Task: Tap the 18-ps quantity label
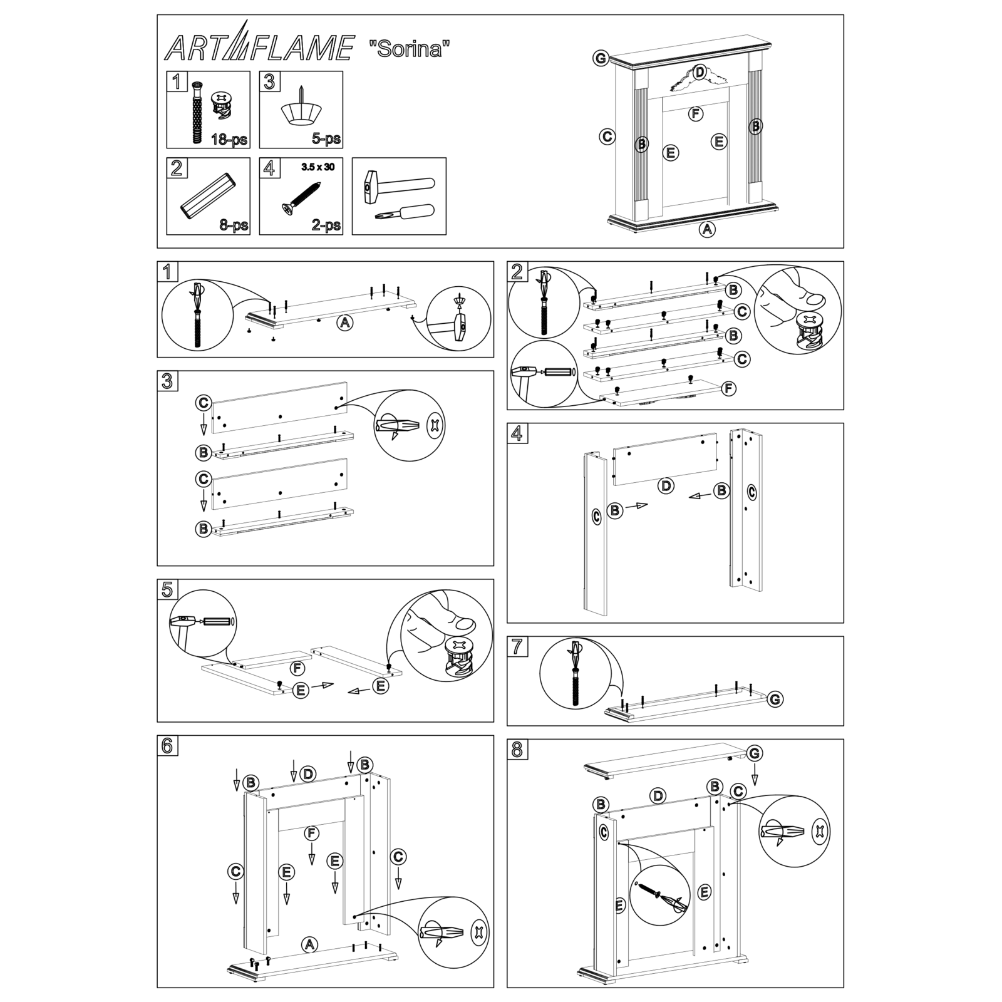point(229,139)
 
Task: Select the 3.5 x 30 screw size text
point(318,167)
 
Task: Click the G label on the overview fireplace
point(600,58)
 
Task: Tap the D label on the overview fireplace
point(700,71)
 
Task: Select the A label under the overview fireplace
point(707,229)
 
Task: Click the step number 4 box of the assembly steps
point(517,433)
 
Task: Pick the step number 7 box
point(517,646)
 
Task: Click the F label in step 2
point(728,389)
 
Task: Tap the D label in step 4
point(666,485)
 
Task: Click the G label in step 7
point(775,699)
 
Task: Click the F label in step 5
point(299,668)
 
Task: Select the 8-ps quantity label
point(234,225)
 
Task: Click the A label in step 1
point(344,323)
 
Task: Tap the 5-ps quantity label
point(326,139)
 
